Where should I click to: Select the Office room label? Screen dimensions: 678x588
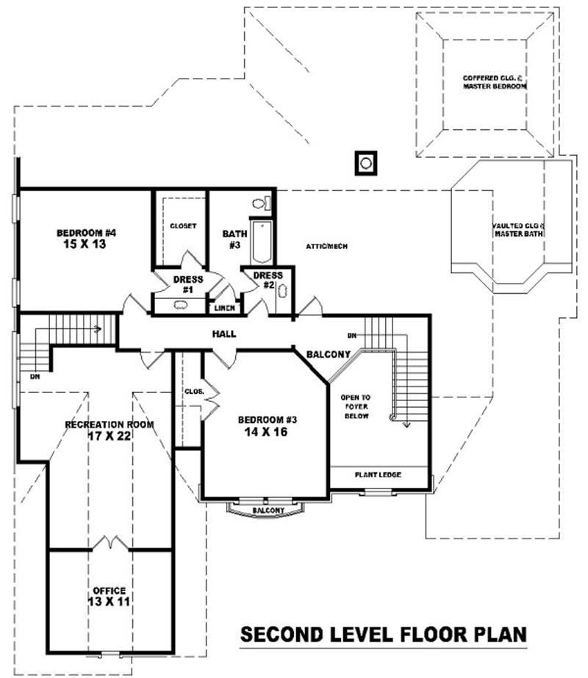point(109,590)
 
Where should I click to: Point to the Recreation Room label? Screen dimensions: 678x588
point(109,425)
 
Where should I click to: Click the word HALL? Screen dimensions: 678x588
point(224,334)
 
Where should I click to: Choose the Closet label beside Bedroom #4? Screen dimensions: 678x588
point(183,226)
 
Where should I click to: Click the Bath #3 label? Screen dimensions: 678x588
point(232,239)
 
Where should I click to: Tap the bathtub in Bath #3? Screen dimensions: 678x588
point(261,240)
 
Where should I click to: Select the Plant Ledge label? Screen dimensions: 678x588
point(379,475)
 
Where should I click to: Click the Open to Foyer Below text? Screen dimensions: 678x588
point(356,406)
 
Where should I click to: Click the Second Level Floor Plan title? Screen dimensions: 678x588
point(384,634)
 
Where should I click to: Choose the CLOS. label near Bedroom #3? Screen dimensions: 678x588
point(193,392)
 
